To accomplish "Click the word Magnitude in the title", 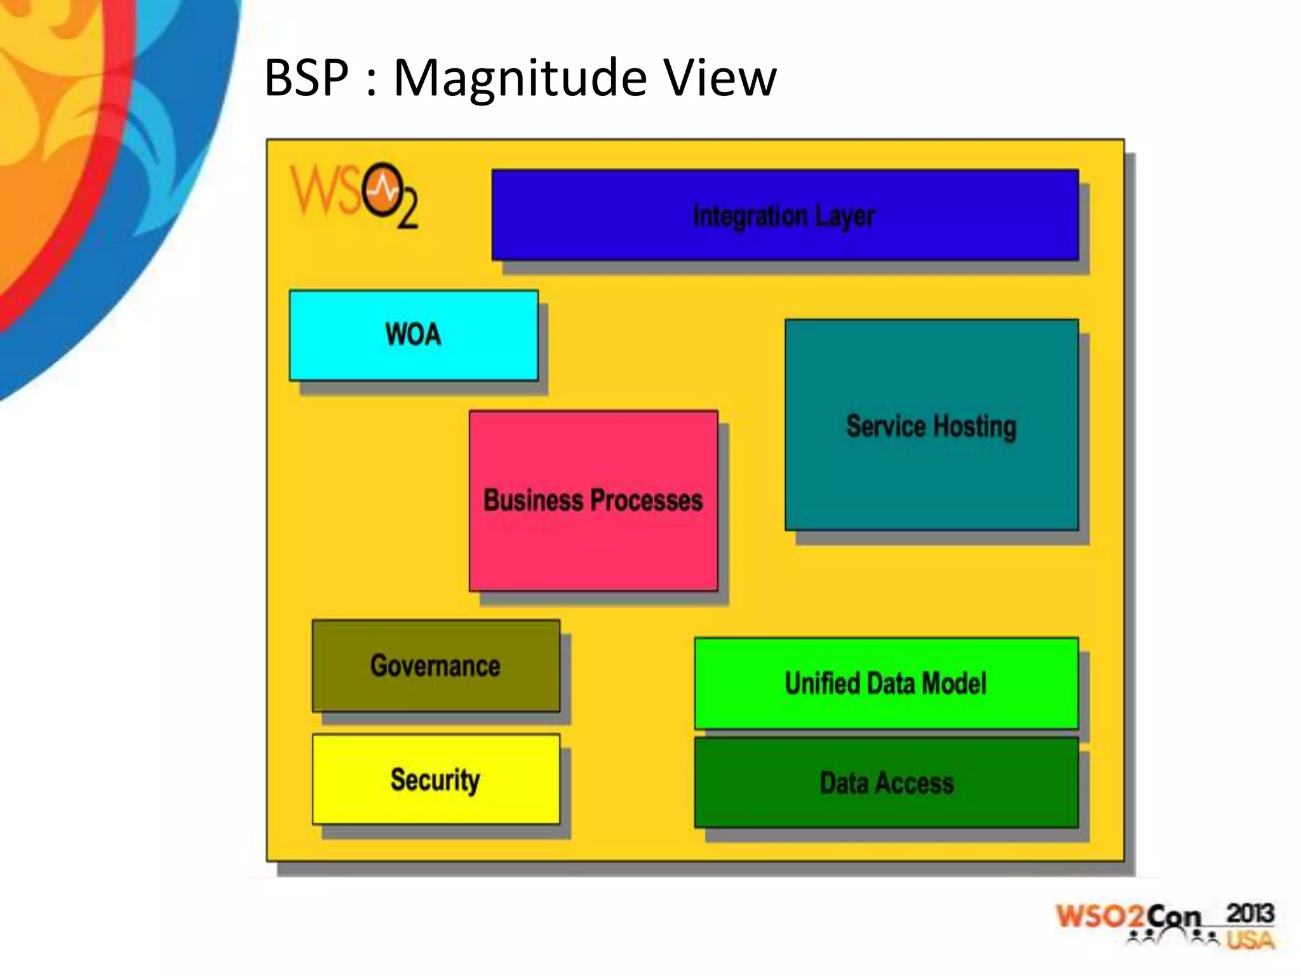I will pyautogui.click(x=520, y=78).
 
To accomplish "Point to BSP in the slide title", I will pyautogui.click(x=307, y=78).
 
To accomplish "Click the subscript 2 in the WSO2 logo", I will pyautogui.click(x=408, y=211).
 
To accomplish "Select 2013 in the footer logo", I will pyautogui.click(x=1250, y=914).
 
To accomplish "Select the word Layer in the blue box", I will pyautogui.click(x=845, y=216).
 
